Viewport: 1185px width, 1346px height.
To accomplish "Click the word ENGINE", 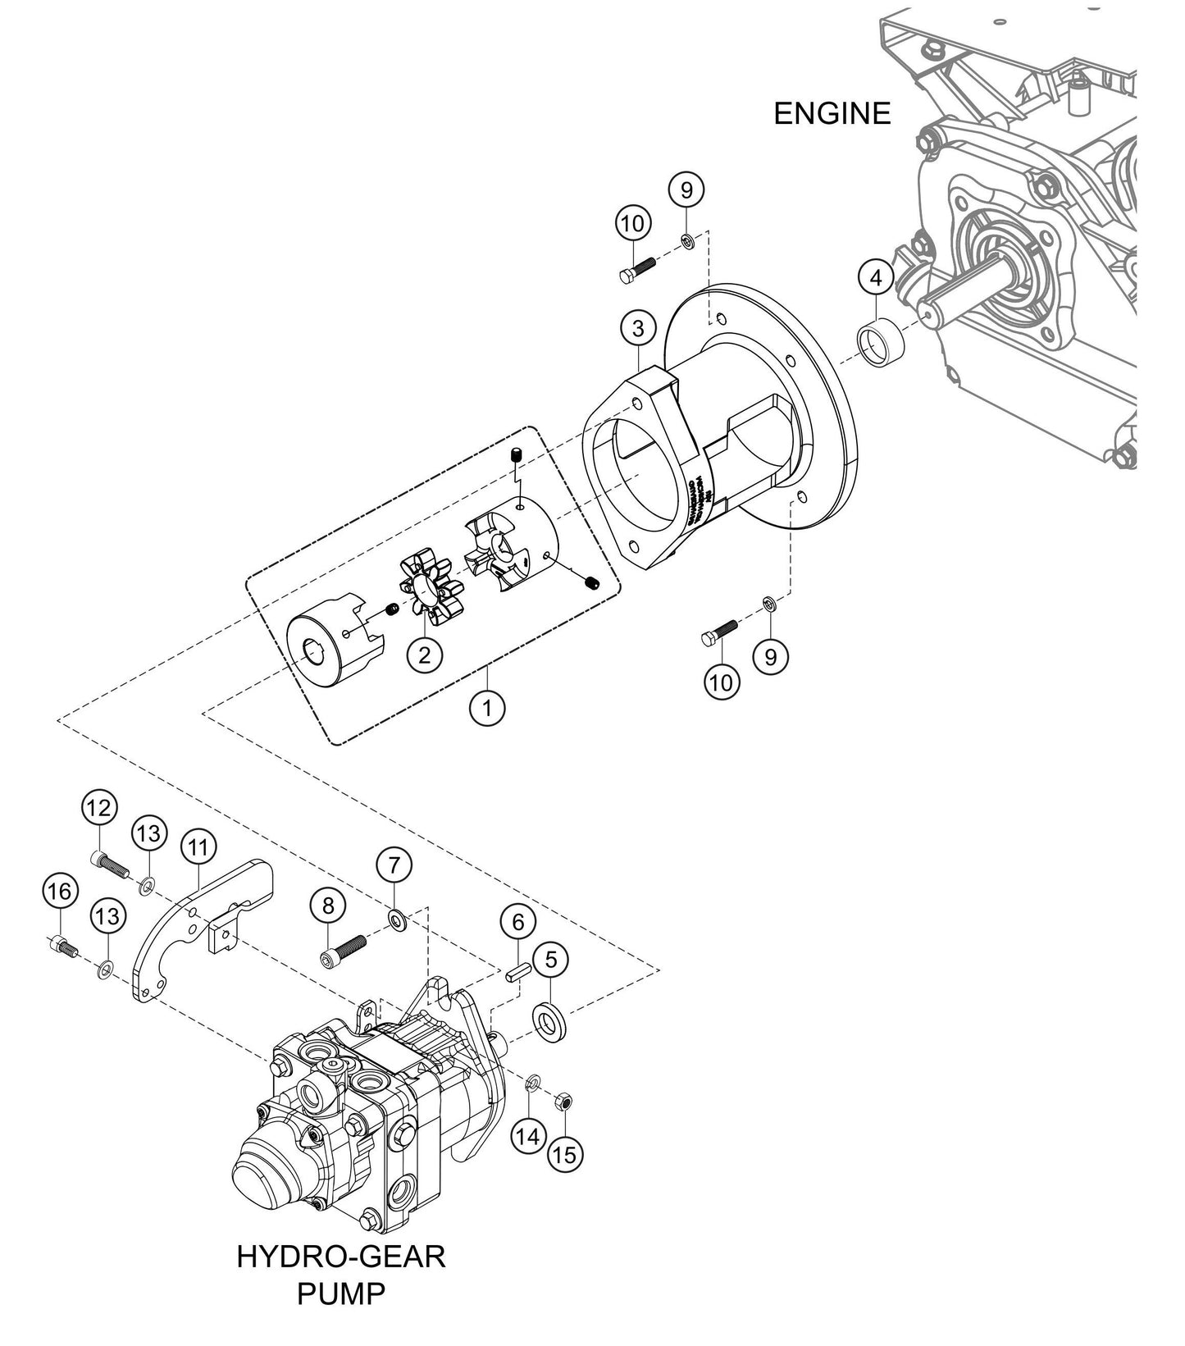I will tap(832, 113).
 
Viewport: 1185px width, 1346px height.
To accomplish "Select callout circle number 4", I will tap(876, 279).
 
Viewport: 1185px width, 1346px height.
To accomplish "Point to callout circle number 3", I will tap(638, 328).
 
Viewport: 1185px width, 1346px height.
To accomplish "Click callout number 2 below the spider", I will tap(425, 655).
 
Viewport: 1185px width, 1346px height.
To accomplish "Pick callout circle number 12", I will tap(98, 808).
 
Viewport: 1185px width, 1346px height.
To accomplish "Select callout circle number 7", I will tap(394, 865).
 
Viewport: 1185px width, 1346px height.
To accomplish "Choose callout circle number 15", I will tap(564, 1154).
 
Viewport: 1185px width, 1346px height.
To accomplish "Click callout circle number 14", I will tap(529, 1136).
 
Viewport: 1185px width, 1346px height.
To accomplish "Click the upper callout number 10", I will tap(633, 223).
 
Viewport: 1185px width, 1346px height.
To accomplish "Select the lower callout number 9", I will tap(770, 656).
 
